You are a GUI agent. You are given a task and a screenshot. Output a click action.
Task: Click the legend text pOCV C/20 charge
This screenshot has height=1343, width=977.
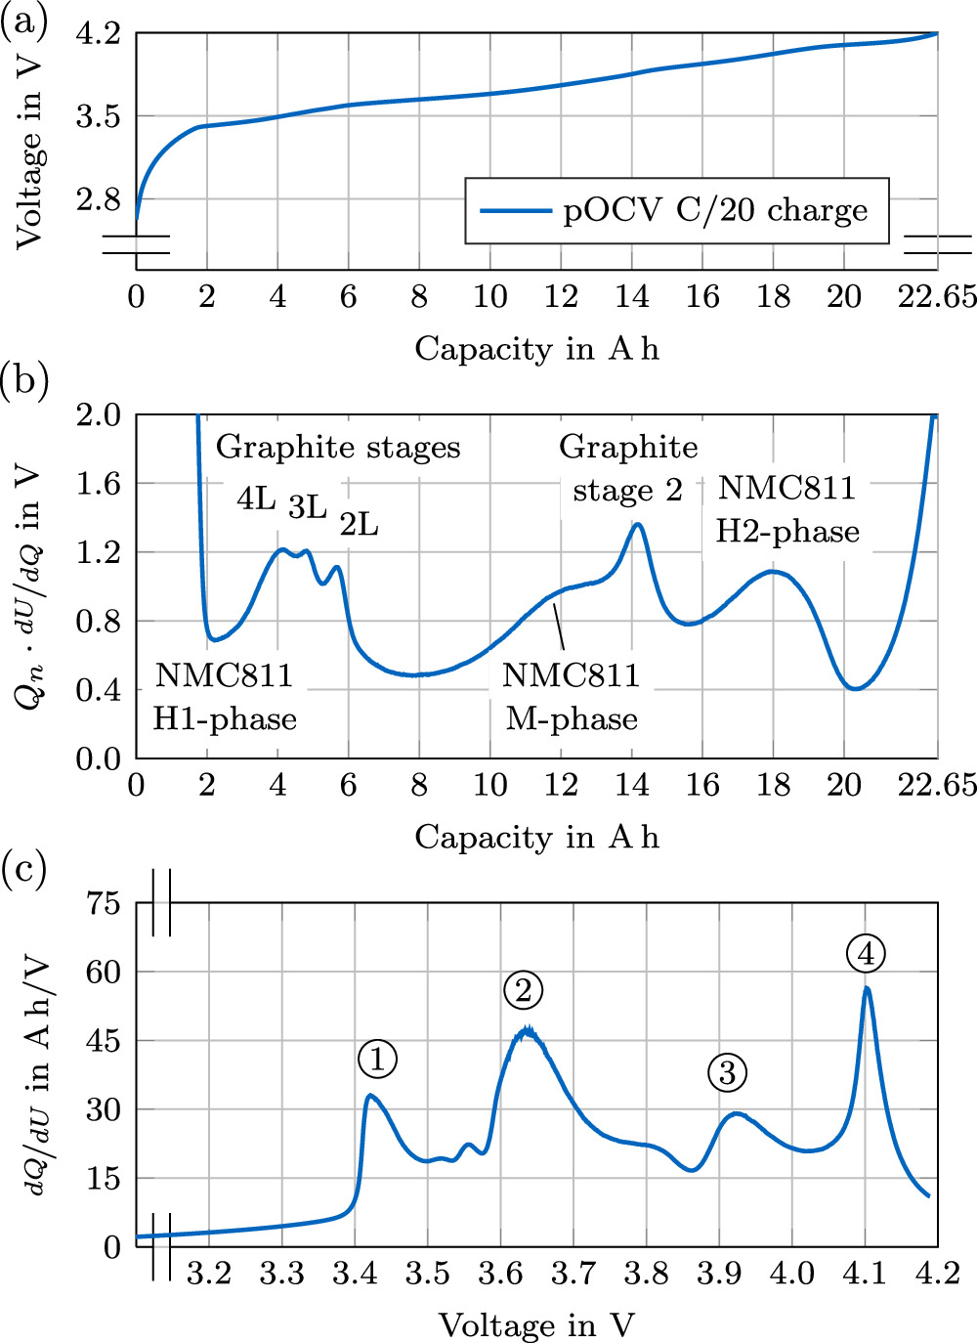tap(715, 210)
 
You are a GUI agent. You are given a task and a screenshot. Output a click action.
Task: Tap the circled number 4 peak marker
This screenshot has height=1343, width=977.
tap(866, 953)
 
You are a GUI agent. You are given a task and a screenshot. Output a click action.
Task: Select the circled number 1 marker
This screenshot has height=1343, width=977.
tap(377, 1059)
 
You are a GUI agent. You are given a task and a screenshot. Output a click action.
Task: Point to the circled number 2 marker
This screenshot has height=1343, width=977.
tap(524, 990)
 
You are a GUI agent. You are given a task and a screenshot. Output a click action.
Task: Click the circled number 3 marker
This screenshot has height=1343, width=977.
tap(727, 1073)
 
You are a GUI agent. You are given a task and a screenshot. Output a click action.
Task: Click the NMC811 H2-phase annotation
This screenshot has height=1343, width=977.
tap(787, 509)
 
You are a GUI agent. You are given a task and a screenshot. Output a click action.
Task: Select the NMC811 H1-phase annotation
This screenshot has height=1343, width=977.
tap(225, 697)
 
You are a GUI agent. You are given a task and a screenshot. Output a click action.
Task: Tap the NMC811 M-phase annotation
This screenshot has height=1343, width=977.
tap(572, 697)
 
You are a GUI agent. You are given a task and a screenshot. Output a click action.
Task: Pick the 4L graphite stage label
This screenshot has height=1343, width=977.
tap(256, 499)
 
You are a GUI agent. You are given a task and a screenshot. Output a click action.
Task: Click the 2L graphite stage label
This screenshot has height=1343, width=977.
tap(359, 525)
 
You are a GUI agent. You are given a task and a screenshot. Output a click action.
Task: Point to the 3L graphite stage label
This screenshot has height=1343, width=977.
tap(307, 506)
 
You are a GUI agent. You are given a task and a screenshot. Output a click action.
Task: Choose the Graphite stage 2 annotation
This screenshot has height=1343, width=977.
tap(628, 468)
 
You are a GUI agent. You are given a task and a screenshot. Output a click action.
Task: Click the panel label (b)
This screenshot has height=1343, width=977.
tap(24, 380)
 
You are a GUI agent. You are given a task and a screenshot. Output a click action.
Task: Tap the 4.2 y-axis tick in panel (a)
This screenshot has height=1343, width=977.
tap(98, 34)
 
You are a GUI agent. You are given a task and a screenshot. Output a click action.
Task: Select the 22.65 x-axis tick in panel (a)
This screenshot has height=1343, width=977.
tap(937, 296)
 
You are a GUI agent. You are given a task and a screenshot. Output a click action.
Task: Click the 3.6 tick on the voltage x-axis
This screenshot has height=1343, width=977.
tap(500, 1274)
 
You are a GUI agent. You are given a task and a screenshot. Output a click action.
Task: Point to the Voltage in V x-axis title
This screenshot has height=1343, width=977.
tap(536, 1325)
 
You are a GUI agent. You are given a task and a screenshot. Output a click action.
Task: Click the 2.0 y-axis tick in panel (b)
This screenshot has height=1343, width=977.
tap(98, 414)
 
